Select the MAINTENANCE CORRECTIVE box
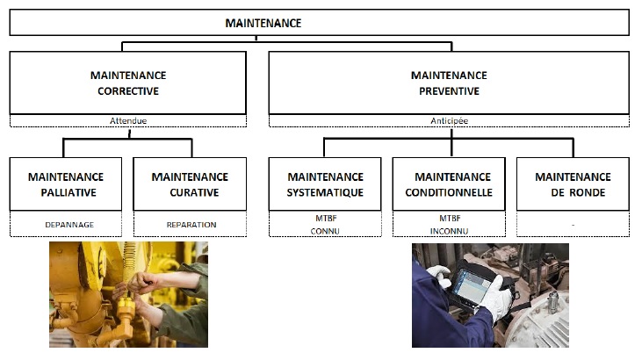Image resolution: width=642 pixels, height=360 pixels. (128, 83)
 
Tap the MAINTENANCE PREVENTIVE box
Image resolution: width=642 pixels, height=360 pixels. (448, 83)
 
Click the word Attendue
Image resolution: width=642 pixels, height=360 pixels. (128, 121)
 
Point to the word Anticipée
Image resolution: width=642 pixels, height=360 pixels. (448, 121)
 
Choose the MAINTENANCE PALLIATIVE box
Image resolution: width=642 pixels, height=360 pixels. (66, 184)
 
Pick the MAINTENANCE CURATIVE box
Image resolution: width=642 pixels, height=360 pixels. (191, 184)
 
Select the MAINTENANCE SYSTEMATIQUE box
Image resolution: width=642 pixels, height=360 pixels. (324, 184)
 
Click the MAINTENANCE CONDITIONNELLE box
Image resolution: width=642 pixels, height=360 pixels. (449, 184)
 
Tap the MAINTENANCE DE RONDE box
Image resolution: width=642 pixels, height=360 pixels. (573, 184)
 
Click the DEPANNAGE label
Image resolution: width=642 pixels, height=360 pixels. (69, 225)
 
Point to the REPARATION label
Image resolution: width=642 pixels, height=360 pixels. (191, 225)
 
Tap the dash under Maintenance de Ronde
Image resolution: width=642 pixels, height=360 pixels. (573, 225)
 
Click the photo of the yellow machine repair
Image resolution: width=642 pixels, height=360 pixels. (128, 295)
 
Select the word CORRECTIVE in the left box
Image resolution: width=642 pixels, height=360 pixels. (128, 90)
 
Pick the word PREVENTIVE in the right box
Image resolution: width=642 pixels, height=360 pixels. (448, 90)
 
